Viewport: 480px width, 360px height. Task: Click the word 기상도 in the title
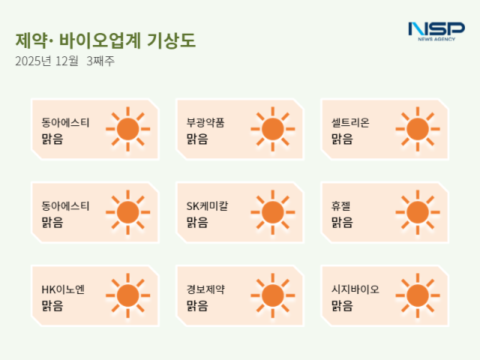pos(178,40)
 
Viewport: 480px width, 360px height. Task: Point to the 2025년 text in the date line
pos(32,61)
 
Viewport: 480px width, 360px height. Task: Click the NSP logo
pos(436,29)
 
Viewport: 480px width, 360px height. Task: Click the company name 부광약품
pos(205,122)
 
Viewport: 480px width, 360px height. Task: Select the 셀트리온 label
pos(350,122)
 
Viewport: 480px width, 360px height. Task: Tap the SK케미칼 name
pos(207,205)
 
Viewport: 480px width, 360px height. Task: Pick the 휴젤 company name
pos(341,205)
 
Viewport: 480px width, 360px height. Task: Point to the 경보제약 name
pos(205,289)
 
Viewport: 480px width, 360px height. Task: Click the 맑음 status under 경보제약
pos(196,305)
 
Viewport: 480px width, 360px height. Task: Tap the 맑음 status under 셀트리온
pos(341,139)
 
